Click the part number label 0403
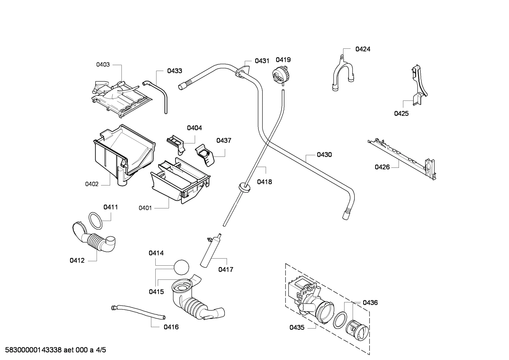point(103,65)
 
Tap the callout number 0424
point(363,49)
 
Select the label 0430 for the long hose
point(324,154)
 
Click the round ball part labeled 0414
point(181,267)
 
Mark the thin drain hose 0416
point(138,312)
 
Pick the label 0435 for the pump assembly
point(297,327)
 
